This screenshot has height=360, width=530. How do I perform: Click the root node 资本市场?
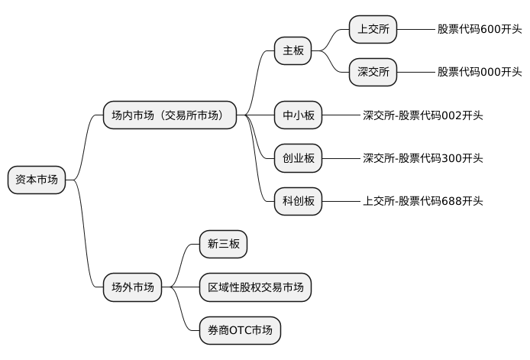pos(37,180)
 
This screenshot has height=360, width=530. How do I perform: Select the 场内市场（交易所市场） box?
pos(170,115)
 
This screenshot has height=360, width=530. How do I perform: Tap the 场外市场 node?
pos(132,287)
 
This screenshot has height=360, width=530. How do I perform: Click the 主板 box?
pos(293,51)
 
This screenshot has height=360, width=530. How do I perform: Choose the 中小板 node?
pos(299,115)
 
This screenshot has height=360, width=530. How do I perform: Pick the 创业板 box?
pos(299,158)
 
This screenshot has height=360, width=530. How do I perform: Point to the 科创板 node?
pos(299,201)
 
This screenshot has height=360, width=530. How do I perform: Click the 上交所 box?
pos(373,29)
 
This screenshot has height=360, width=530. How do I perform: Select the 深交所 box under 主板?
pos(373,72)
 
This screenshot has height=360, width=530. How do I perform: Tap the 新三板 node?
pos(224,245)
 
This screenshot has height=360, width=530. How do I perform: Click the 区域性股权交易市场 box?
pos(255,287)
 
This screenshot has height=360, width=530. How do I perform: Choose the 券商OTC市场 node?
pos(240,330)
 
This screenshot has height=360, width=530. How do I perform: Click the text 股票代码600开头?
pos(480,29)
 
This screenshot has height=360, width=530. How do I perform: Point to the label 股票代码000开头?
pos(480,72)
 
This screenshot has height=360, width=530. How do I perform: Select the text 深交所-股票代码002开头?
pos(422,115)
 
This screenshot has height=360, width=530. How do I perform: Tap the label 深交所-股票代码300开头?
pos(422,158)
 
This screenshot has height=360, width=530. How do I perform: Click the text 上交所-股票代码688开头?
pos(422,201)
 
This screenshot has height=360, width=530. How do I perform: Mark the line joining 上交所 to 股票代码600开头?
pos(416,29)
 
